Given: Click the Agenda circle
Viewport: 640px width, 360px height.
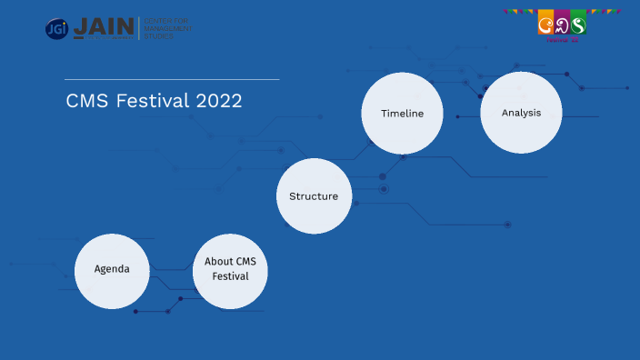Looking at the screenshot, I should tap(112, 269).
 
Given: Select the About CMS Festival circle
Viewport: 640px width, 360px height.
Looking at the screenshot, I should tap(230, 269).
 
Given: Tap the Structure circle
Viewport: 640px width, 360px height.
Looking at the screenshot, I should tap(314, 195).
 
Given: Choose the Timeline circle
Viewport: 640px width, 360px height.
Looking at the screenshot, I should tap(402, 114).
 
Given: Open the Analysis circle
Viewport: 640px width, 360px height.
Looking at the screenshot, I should tap(521, 114).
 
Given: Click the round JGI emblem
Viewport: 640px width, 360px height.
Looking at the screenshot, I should tap(56, 28).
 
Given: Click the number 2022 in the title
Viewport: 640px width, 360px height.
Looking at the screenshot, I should tap(219, 101).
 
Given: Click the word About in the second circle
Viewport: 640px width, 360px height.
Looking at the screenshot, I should tap(218, 262).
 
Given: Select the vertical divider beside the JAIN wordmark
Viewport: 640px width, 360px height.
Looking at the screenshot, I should tap(138, 28).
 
